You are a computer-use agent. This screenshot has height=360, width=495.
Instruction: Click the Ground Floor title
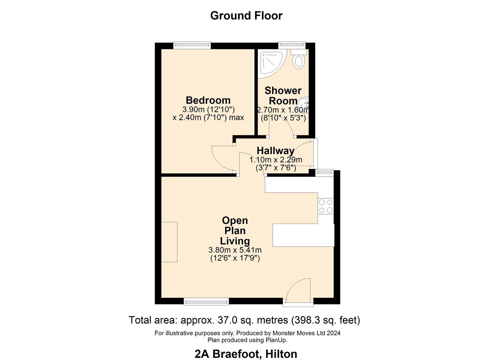[x=246, y=15]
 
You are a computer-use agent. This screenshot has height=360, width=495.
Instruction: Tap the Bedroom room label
[x=208, y=100]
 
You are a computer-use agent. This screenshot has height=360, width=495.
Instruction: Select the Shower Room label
[x=283, y=95]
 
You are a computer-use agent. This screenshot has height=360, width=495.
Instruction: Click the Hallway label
[x=275, y=150]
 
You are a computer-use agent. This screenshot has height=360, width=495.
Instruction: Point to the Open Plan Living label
[x=235, y=230]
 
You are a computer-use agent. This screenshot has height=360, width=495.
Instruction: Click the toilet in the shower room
[x=298, y=60]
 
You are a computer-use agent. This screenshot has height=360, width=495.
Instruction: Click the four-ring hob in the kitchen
[x=325, y=206]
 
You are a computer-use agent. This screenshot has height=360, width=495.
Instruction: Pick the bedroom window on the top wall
[x=192, y=45]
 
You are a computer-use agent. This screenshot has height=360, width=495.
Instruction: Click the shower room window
[x=292, y=44]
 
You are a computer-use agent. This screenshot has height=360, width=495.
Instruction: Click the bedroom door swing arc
[x=223, y=159]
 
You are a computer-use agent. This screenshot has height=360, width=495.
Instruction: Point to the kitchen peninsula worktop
[x=303, y=235]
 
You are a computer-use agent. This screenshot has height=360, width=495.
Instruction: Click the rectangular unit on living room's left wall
[x=169, y=242]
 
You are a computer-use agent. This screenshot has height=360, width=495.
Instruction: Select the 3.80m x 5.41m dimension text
[x=235, y=250]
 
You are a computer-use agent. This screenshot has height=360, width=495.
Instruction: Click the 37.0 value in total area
[x=227, y=320]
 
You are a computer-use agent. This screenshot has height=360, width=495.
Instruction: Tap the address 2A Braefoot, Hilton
[x=246, y=354]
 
